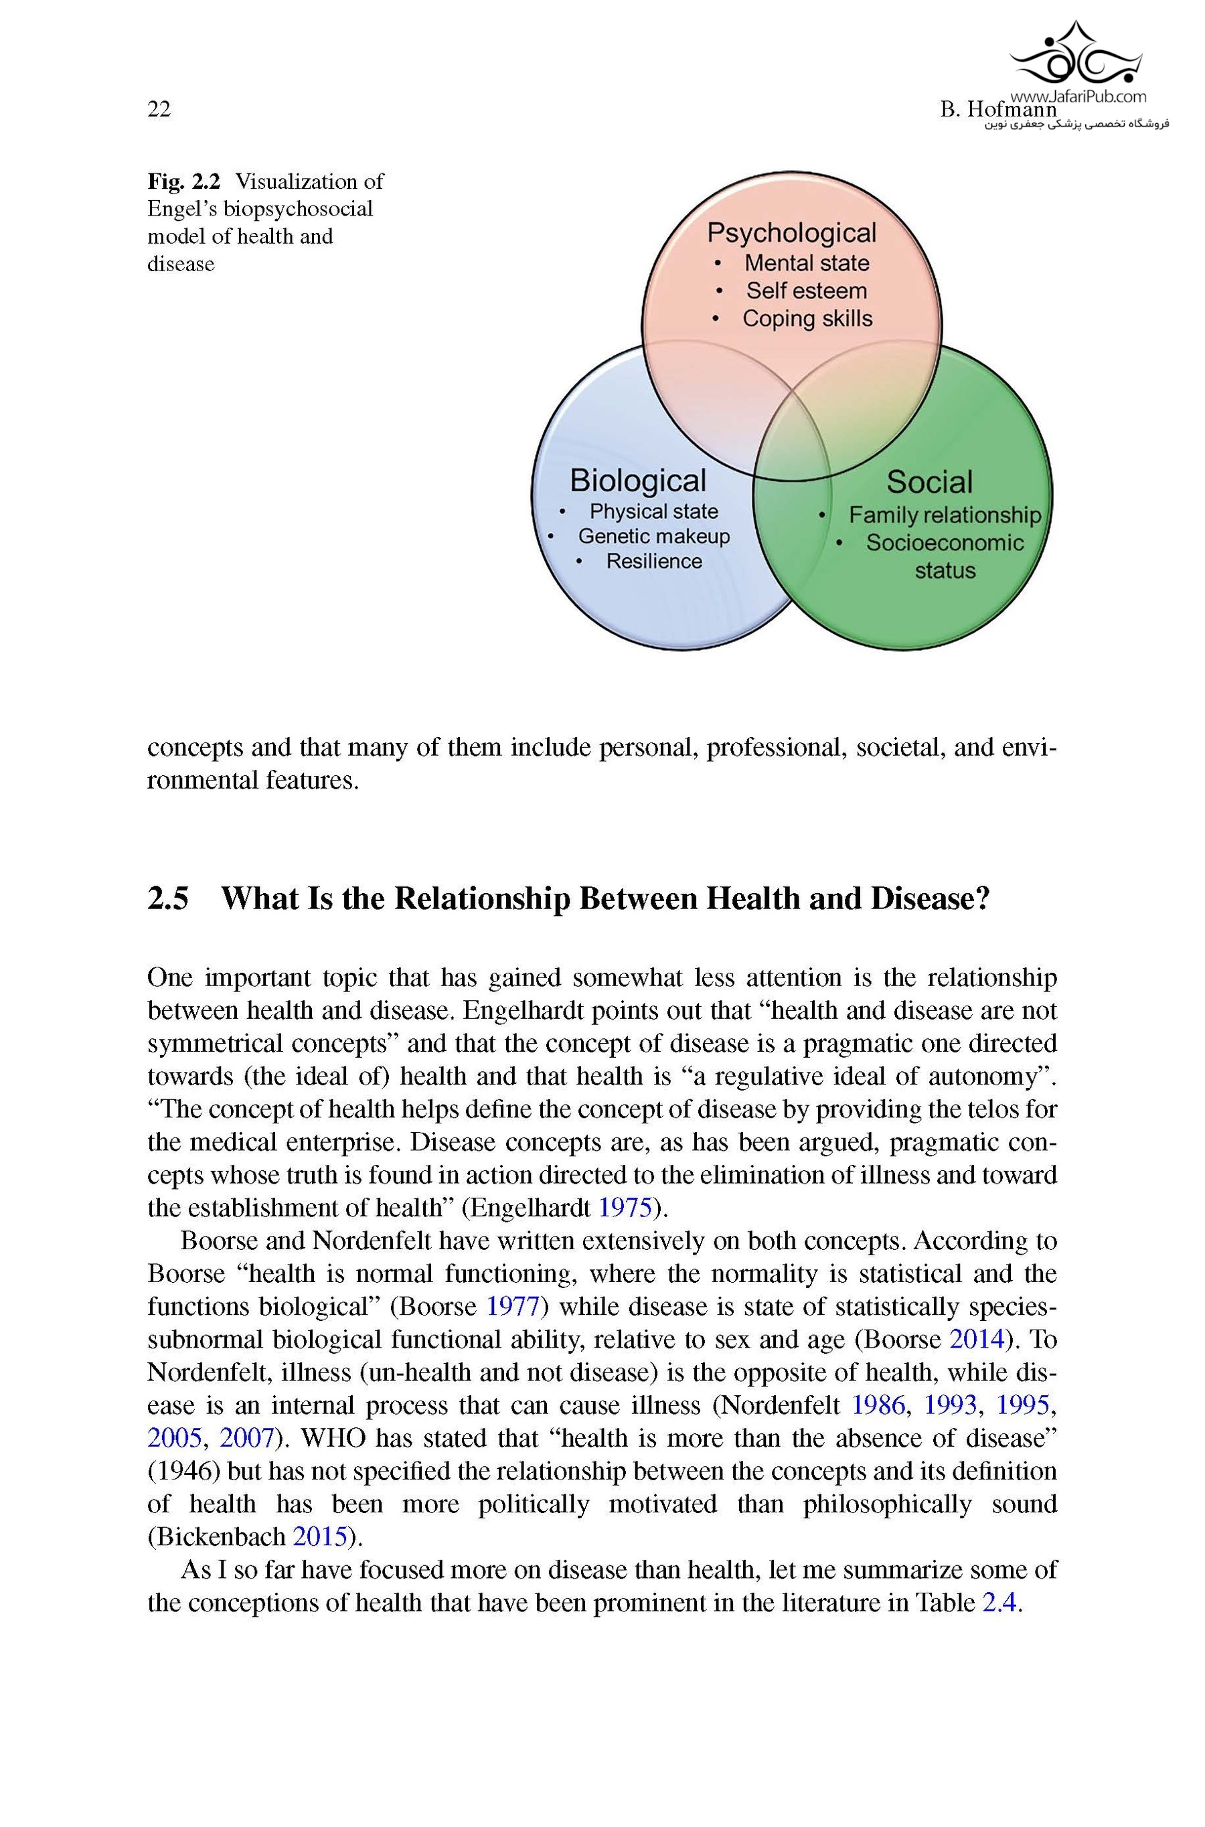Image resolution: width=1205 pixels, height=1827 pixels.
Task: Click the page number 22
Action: (159, 109)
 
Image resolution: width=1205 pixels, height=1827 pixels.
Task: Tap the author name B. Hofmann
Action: (997, 110)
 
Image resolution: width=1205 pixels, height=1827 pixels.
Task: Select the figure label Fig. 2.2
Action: (183, 181)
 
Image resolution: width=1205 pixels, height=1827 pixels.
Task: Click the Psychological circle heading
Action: (791, 233)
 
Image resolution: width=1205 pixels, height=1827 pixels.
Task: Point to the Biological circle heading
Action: (638, 480)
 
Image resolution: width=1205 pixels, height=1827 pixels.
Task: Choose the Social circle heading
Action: (929, 482)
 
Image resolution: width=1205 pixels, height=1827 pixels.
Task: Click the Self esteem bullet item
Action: (806, 291)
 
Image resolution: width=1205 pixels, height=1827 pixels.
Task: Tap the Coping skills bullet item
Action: (807, 318)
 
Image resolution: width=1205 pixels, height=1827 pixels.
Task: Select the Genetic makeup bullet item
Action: (654, 536)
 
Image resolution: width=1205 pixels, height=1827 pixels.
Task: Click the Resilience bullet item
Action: (654, 561)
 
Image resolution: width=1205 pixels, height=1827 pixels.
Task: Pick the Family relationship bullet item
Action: (945, 515)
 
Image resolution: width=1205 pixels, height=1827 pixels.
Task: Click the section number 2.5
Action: (167, 898)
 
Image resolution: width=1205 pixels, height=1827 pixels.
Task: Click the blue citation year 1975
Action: (624, 1208)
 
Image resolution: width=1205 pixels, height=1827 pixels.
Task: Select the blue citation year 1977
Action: (513, 1306)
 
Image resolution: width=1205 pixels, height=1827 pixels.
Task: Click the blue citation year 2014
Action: (977, 1339)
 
